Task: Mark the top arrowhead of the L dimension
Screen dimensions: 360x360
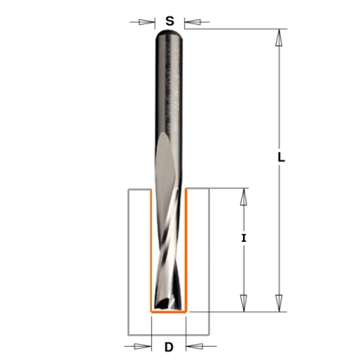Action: (279, 37)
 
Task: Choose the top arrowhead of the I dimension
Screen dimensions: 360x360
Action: (244, 195)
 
